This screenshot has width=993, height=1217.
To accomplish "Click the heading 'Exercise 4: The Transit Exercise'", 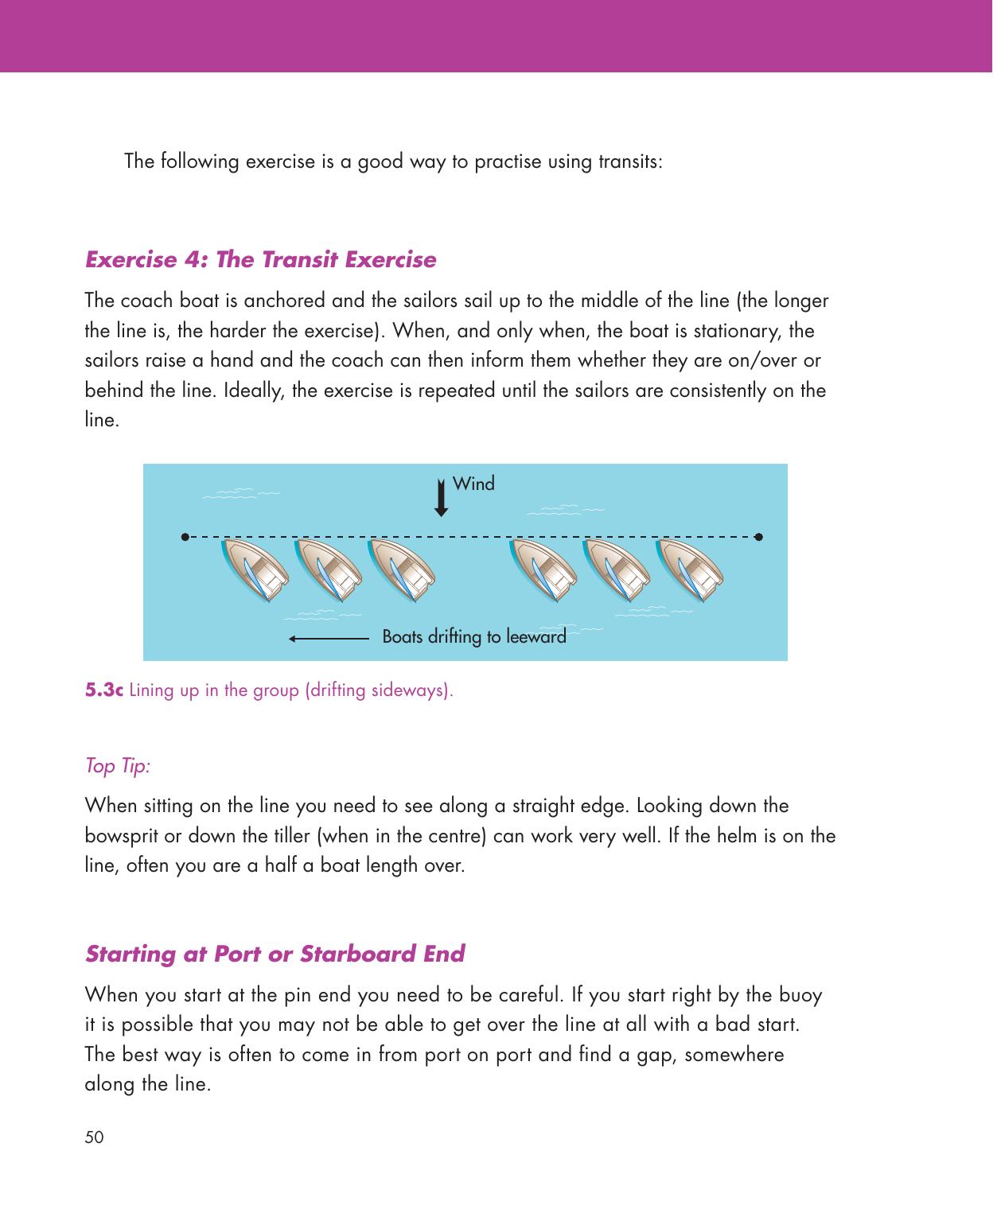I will click(260, 260).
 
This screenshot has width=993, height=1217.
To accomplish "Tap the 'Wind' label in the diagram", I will click(473, 484).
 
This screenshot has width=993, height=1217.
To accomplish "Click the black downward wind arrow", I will click(442, 499).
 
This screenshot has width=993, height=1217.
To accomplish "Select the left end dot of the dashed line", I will click(185, 536).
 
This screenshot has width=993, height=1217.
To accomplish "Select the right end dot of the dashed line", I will click(759, 536).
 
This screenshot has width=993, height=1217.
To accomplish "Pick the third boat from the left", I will click(403, 569).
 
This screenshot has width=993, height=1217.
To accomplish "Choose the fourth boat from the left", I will click(543, 569).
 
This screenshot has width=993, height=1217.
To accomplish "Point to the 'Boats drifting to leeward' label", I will click(474, 637).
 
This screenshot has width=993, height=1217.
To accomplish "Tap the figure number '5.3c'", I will click(104, 690).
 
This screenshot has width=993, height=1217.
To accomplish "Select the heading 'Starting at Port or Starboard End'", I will click(275, 954).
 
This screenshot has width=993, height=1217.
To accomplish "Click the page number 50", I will click(94, 1138).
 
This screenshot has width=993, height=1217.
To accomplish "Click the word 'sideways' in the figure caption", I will click(419, 690).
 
